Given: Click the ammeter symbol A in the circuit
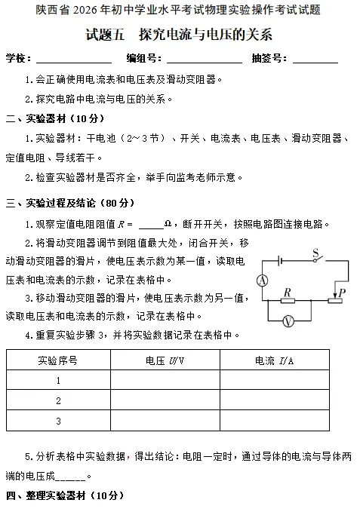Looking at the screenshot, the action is [x=263, y=281].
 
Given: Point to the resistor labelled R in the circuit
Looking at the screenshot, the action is [x=288, y=299].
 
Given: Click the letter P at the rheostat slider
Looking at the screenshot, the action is [x=343, y=292].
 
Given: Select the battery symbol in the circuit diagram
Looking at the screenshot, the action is [x=279, y=261].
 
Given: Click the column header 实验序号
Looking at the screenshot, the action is [x=58, y=360].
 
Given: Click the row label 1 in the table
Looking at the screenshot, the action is [x=58, y=380].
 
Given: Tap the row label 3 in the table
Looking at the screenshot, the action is [x=58, y=420].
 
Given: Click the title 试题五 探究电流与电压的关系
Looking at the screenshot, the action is [x=180, y=35].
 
